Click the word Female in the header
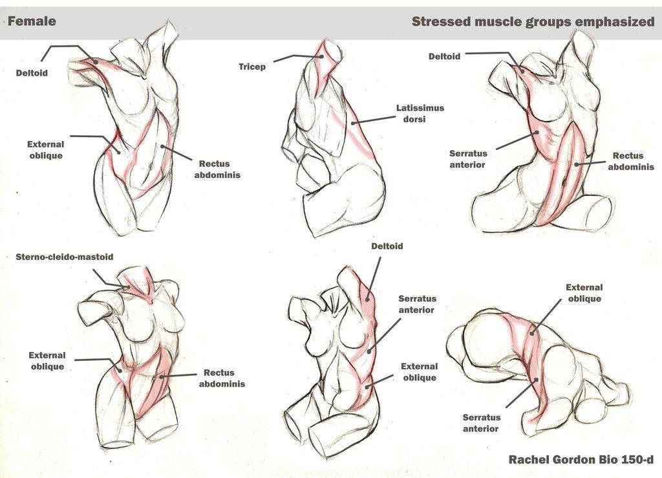pyautogui.click(x=32, y=21)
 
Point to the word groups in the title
pyautogui.click(x=553, y=22)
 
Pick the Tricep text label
pyautogui.click(x=252, y=67)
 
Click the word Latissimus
pyautogui.click(x=420, y=108)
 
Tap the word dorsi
pyautogui.click(x=420, y=119)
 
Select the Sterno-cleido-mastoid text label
pyautogui.click(x=65, y=257)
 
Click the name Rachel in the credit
pyautogui.click(x=530, y=460)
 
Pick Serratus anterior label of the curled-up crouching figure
pyautogui.click(x=480, y=423)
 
